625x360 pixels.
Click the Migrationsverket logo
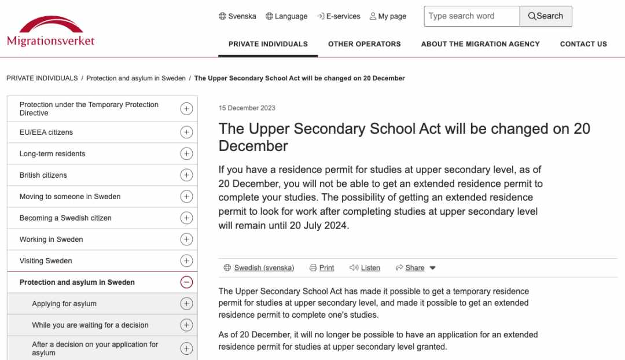pos(50,32)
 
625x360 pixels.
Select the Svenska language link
pos(237,16)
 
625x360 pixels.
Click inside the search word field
pos(471,16)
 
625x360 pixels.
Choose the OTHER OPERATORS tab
pos(364,44)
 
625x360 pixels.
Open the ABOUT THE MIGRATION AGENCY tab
pos(480,44)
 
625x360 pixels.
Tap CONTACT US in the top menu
pos(583,44)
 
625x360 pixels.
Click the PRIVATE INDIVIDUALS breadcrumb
pos(42,78)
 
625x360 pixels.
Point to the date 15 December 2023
pos(247,108)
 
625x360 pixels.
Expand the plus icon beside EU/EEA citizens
pos(186,132)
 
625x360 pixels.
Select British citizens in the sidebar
pos(43,175)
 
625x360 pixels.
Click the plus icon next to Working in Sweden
pos(186,239)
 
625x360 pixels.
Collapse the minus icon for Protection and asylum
pos(186,282)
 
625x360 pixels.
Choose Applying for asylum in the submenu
pos(64,304)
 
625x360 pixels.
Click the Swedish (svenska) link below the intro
pos(264,268)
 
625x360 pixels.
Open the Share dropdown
pos(416,268)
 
